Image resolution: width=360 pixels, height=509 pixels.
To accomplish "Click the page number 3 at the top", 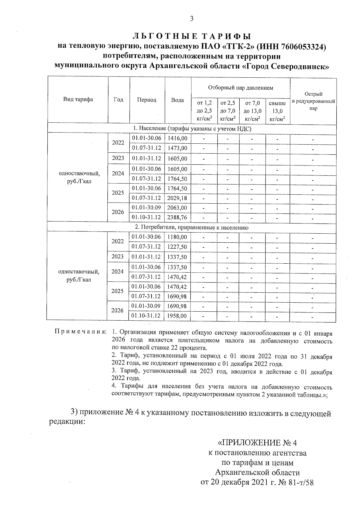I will click(x=192, y=19).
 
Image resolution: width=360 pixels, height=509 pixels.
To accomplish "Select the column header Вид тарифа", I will click(x=78, y=100).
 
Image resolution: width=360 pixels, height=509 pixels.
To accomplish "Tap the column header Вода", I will click(x=177, y=100).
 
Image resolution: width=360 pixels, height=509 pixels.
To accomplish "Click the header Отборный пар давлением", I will click(x=241, y=88).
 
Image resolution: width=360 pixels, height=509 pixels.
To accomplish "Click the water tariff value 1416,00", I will click(x=177, y=138).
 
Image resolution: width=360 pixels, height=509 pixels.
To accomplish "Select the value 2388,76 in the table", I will click(x=177, y=217).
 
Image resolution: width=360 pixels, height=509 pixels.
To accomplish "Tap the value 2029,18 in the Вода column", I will click(x=177, y=198).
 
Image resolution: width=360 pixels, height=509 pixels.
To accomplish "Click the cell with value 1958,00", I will click(x=177, y=316).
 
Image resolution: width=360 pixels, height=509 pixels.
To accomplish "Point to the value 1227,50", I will click(x=177, y=247).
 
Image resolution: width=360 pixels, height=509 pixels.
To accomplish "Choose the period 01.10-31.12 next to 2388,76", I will click(x=146, y=217).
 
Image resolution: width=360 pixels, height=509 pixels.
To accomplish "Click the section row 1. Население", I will click(x=192, y=129).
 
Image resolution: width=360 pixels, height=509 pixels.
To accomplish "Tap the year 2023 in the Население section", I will click(x=118, y=158).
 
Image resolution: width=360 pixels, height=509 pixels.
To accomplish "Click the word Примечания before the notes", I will click(x=80, y=333).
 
